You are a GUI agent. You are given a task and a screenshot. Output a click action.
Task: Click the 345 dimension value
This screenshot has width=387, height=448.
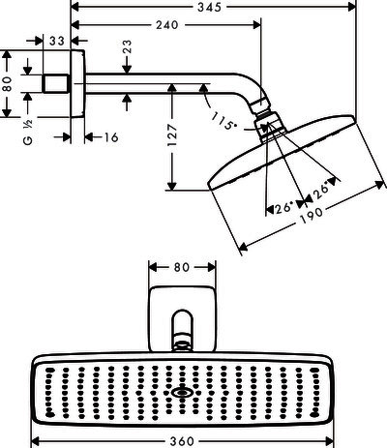[x=210, y=7]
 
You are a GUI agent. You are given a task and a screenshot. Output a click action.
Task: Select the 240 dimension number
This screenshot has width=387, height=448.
[x=167, y=25]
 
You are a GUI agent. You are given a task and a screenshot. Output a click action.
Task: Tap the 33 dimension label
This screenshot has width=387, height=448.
[x=57, y=41]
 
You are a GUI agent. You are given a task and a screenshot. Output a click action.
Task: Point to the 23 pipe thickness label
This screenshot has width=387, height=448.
[x=127, y=47]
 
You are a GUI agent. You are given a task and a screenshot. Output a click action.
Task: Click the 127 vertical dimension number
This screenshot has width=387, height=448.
[x=172, y=134]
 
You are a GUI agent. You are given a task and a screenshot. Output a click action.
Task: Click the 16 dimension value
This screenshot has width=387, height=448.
[x=111, y=137]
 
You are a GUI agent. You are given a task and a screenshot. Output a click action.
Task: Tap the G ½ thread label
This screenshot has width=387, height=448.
[x=28, y=133]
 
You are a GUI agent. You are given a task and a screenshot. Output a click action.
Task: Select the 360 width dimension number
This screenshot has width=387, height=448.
[x=182, y=441]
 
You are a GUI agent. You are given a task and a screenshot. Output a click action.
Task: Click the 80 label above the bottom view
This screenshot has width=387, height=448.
[x=182, y=267]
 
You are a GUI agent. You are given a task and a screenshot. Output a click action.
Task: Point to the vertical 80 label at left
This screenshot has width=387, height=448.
[x=7, y=84]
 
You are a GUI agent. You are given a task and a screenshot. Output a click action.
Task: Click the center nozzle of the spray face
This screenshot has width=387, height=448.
[x=181, y=393]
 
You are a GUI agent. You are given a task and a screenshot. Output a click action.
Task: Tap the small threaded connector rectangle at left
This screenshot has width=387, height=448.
[x=56, y=83]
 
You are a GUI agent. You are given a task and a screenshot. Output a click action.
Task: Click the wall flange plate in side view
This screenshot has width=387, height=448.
[x=77, y=84]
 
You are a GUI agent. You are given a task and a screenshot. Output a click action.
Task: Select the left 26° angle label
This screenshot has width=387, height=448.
[x=284, y=208]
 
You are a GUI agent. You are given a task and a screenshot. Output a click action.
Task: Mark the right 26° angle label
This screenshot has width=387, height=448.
[x=322, y=191]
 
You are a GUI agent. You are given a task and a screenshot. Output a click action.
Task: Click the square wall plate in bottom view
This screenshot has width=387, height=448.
[x=182, y=318]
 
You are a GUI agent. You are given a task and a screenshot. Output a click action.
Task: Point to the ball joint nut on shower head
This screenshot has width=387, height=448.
[x=270, y=126]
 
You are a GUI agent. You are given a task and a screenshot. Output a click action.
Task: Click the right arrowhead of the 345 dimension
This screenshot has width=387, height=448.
[x=352, y=7]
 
